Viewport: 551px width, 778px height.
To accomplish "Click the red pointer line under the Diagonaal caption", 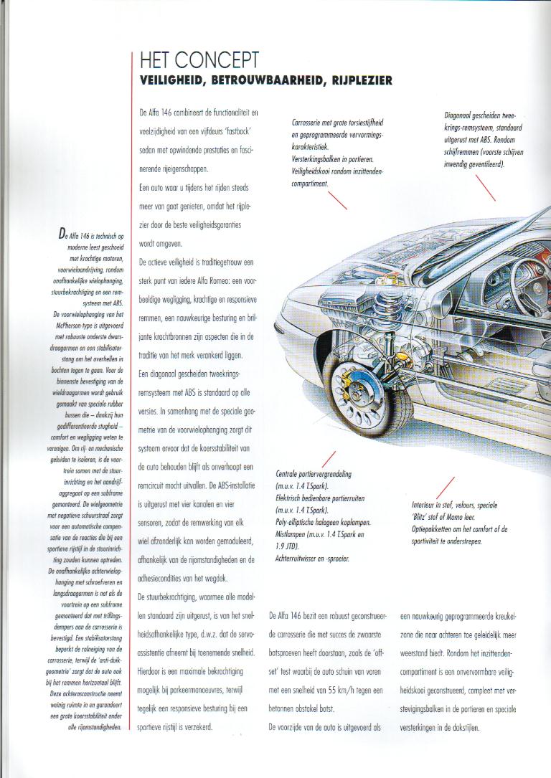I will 486,188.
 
